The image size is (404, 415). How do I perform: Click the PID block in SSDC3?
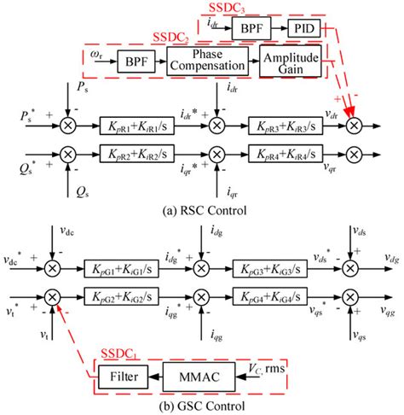pyautogui.click(x=303, y=27)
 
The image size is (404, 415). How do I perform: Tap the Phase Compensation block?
pyautogui.click(x=209, y=62)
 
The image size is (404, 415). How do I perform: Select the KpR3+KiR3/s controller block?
pyautogui.click(x=287, y=123)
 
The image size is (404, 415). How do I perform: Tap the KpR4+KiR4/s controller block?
pyautogui.click(x=287, y=156)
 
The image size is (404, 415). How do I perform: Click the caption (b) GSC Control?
pyautogui.click(x=202, y=405)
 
